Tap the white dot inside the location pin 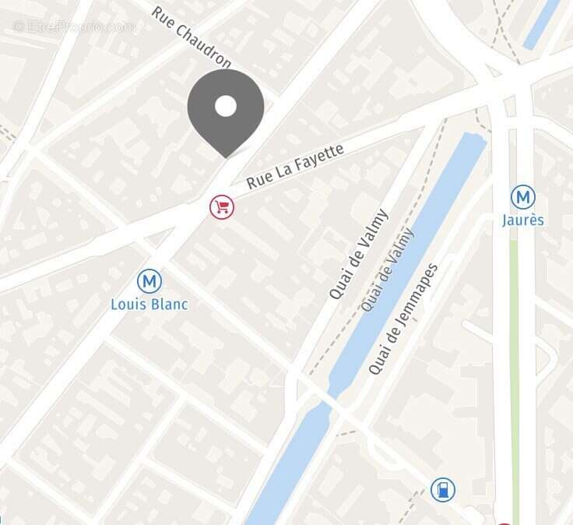[226, 106]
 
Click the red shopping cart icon [222, 206]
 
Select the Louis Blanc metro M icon [149, 281]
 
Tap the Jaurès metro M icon [522, 198]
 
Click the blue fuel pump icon [442, 490]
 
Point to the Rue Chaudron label [192, 37]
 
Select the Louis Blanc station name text [149, 304]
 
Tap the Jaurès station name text [523, 220]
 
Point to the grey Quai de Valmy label [387, 270]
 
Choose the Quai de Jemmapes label [403, 319]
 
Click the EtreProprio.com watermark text [75, 26]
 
